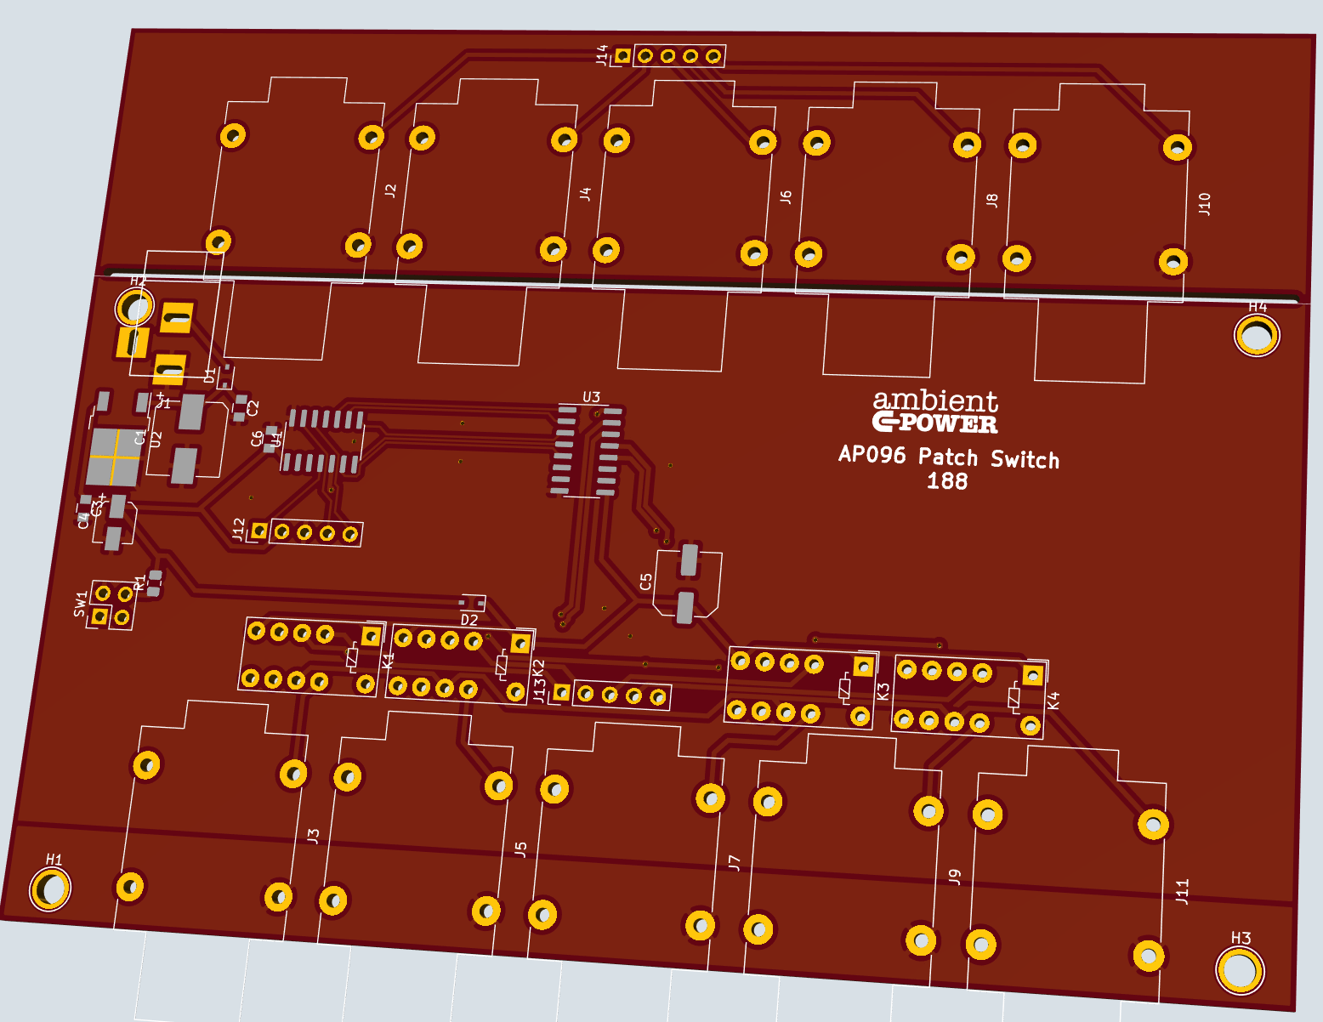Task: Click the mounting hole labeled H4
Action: (1256, 335)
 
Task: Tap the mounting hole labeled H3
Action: (1239, 970)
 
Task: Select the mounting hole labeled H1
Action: (51, 889)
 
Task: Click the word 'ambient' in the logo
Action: (935, 400)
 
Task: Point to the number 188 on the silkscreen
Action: (947, 481)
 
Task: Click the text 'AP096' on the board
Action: (872, 455)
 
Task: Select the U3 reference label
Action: (591, 397)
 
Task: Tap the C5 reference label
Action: (645, 582)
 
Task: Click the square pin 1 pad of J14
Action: (622, 55)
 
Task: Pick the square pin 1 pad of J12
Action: (259, 531)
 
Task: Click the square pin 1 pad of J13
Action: (561, 692)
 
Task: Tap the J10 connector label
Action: (1204, 204)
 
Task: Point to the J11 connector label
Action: (1182, 891)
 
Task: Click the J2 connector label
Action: (390, 190)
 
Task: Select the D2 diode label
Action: (469, 620)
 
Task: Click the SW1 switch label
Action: (81, 604)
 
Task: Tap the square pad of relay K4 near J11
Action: (1032, 676)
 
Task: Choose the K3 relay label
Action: (883, 692)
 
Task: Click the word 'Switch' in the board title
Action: (1025, 460)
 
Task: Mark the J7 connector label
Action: (735, 863)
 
